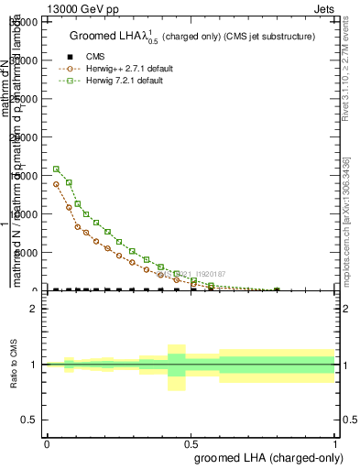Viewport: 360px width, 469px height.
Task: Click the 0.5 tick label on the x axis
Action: point(191,443)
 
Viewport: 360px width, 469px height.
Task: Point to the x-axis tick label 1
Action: point(335,443)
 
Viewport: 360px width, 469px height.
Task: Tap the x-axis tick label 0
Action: point(47,443)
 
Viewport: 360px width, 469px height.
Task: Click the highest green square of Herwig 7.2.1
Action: point(56,169)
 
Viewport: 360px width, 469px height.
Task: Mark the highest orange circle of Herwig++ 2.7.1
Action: point(56,184)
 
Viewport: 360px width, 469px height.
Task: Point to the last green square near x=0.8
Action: point(278,290)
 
